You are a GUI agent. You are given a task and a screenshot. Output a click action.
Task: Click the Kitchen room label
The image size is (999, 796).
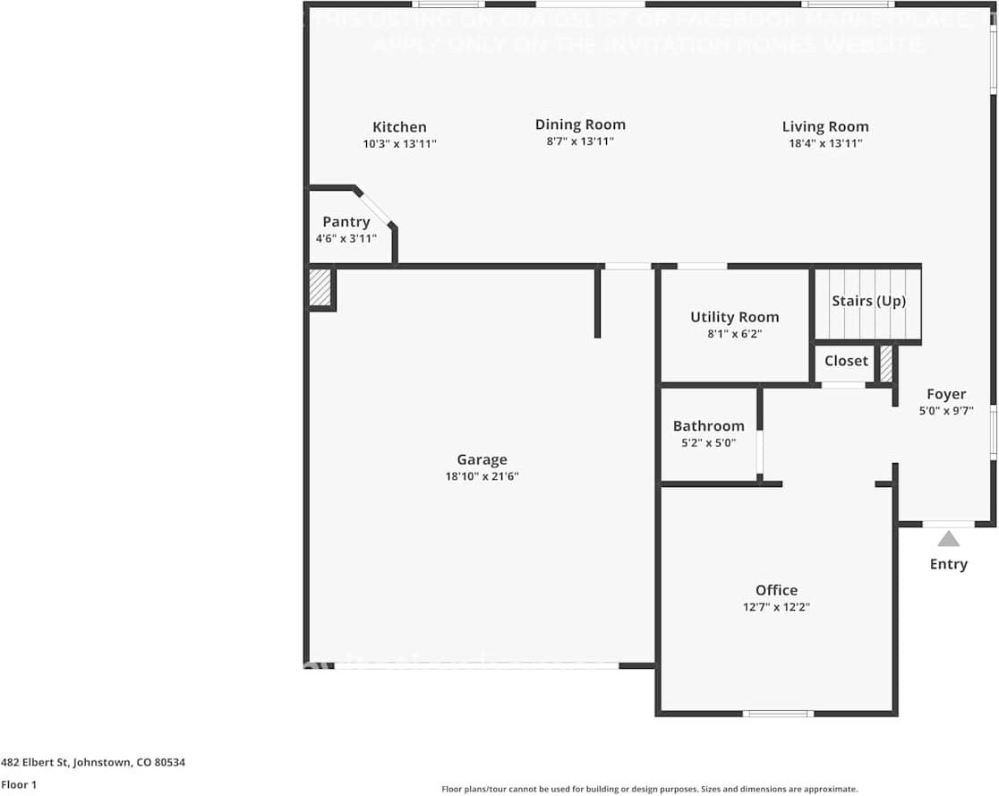click(399, 127)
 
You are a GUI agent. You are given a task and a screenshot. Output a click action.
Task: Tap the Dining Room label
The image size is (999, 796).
click(580, 124)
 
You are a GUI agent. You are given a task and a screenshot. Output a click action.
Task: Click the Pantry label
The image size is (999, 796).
click(346, 222)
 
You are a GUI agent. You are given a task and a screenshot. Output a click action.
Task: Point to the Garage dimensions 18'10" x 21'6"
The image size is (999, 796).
click(482, 476)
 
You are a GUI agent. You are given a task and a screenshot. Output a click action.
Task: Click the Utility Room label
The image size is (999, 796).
click(734, 317)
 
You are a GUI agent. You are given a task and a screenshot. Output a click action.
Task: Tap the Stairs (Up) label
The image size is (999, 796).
click(868, 301)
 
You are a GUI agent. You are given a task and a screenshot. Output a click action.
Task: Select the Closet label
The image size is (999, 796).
click(846, 361)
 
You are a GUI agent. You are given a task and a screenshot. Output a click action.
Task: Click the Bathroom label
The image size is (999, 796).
click(708, 426)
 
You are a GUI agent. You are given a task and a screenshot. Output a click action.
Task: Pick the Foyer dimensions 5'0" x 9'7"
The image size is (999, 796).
click(946, 412)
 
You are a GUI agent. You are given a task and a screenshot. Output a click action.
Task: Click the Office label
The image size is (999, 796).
click(776, 590)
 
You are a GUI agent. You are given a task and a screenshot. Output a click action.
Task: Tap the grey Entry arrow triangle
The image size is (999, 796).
click(949, 538)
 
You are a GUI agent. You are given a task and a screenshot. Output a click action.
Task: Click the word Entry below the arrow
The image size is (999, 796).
click(948, 564)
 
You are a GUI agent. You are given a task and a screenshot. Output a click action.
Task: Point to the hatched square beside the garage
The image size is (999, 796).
click(320, 288)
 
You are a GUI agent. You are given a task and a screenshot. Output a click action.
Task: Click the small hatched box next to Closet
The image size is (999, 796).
click(886, 364)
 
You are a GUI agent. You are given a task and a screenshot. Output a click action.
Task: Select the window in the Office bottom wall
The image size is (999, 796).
click(778, 714)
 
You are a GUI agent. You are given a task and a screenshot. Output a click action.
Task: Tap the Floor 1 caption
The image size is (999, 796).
click(19, 784)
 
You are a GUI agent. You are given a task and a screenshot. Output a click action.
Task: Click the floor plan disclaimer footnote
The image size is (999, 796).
click(649, 789)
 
